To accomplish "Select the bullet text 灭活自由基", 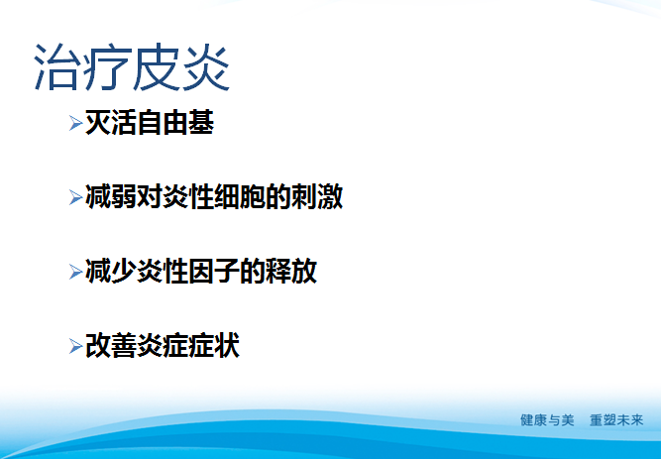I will click(x=149, y=124).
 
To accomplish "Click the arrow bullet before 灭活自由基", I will click(x=76, y=125).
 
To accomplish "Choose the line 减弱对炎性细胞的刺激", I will click(x=214, y=196).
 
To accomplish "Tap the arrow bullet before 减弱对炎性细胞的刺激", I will click(x=76, y=197).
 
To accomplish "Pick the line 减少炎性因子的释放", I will click(x=201, y=271).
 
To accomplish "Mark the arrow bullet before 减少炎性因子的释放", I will click(x=76, y=272).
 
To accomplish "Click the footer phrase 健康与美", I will click(x=547, y=420).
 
